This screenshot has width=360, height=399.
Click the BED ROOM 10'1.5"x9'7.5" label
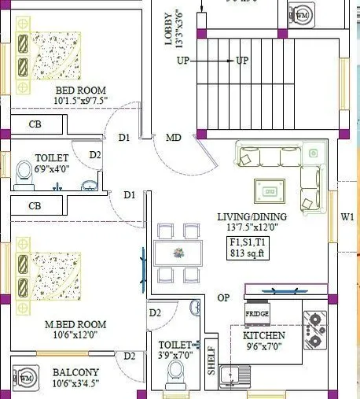coord(59,95)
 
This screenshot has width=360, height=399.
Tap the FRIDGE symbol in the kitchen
coord(257,313)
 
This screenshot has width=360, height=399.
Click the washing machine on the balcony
coord(25,380)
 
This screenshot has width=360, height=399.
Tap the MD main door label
coord(174,138)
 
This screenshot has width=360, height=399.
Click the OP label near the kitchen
coord(224,297)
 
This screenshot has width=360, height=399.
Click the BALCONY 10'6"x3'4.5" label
coord(75,378)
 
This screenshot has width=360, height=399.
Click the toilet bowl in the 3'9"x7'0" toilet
coord(175,382)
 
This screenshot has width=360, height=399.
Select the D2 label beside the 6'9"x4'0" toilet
coord(95,155)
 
